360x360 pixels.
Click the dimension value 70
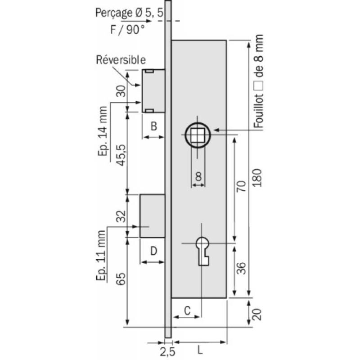click(240, 187)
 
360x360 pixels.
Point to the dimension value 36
click(240, 270)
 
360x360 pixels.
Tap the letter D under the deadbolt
click(153, 250)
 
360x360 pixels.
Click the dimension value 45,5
click(120, 155)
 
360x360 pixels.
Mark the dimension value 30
click(120, 91)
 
